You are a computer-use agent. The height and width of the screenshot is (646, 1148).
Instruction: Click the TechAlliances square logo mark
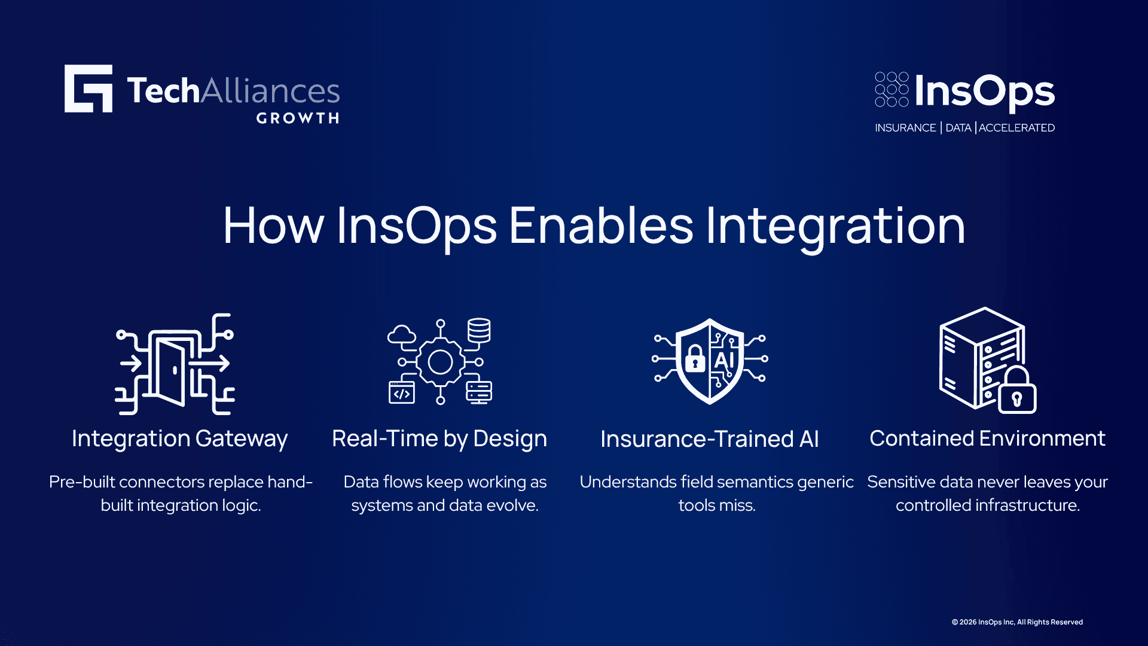coord(88,89)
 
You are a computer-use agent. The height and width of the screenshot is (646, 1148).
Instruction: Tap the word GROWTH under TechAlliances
coord(298,118)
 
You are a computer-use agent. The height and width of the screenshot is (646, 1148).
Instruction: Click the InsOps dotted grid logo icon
coord(891,89)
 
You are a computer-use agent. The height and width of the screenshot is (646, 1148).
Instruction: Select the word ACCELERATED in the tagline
coord(1016,128)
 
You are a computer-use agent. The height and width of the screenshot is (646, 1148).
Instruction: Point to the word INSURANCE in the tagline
coord(905,128)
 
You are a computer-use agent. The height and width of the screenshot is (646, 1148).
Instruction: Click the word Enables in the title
coord(601,226)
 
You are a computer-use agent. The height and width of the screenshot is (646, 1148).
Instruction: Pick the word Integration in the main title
coord(835,227)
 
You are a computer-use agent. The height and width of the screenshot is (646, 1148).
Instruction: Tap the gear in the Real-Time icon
coord(441,362)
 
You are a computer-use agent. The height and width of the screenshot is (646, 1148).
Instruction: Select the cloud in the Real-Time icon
coord(402,334)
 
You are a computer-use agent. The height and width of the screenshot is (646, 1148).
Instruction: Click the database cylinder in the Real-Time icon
coord(479,331)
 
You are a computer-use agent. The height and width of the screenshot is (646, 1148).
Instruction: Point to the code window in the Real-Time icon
coord(402,393)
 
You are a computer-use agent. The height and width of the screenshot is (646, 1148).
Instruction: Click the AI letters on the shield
coord(724,360)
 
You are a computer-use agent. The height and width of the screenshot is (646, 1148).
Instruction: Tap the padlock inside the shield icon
coord(695,358)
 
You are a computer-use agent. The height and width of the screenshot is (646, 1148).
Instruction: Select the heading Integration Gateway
coord(179,439)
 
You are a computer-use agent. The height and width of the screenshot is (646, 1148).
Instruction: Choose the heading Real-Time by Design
coord(439,439)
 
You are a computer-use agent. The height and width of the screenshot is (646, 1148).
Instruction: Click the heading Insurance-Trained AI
coord(710,439)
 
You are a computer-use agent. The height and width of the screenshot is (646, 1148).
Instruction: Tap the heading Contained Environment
coord(987,438)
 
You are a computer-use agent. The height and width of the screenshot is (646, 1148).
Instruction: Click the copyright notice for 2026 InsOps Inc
coord(1017,622)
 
